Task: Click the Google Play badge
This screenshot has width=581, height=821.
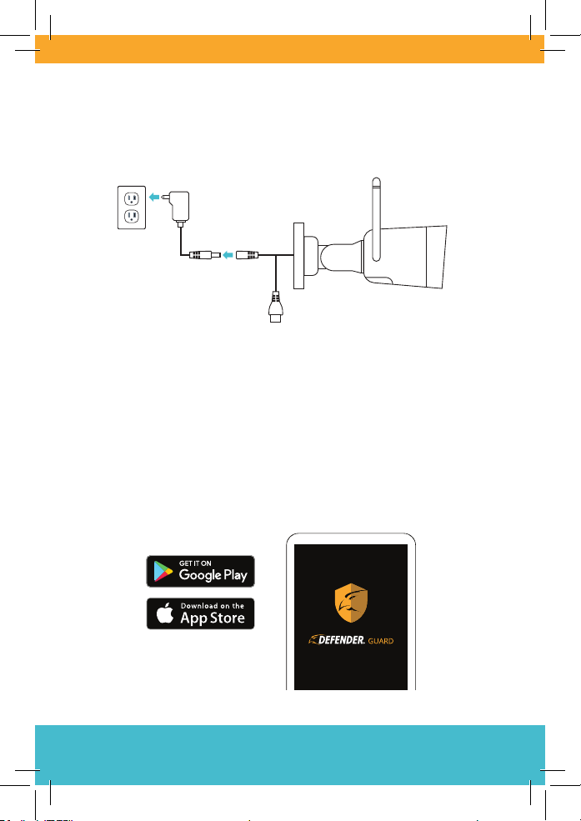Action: point(200,571)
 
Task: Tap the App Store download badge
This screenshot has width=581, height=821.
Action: point(200,613)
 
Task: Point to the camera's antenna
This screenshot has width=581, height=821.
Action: point(375,204)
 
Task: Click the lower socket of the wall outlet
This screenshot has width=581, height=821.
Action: point(131,218)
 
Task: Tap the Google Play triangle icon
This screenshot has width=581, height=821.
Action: point(162,572)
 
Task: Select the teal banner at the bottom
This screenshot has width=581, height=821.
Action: point(290,754)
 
